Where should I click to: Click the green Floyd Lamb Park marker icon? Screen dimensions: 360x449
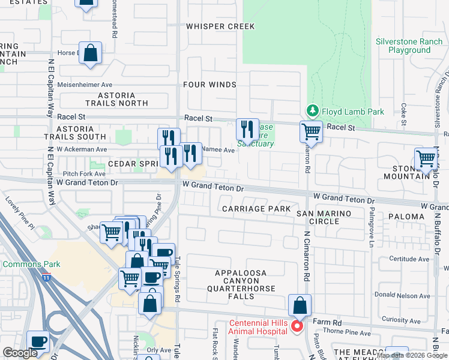312,111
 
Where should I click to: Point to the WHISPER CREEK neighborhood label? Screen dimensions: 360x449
220,26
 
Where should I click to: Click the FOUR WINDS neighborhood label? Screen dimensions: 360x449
209,85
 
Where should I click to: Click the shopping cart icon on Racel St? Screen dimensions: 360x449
311,131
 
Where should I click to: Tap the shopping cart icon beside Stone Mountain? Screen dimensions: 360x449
426,159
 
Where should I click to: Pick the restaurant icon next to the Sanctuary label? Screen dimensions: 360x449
247,128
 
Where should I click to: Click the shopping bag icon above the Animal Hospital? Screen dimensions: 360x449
300,305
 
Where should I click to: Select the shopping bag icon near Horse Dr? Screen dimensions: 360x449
90,52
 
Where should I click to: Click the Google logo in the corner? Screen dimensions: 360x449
20,352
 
